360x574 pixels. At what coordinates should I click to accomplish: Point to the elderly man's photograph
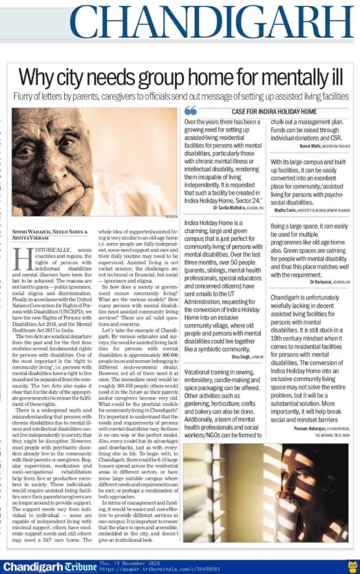click(94, 162)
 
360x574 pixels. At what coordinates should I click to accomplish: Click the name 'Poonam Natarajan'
click(304, 414)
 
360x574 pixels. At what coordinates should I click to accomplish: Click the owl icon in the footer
click(352, 565)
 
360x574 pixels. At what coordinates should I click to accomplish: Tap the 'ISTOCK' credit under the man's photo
click(171, 216)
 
